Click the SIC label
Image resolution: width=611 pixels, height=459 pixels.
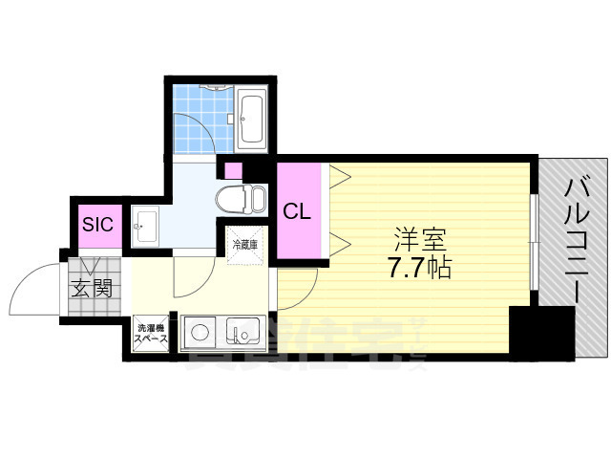pos(97,225)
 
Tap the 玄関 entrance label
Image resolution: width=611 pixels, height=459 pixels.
pos(93,285)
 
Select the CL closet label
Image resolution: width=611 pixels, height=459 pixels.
pos(297,211)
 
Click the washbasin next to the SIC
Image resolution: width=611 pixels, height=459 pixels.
pos(146,227)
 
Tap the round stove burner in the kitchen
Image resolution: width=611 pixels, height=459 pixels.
pos(200,334)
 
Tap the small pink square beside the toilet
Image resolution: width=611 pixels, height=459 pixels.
pos(231,171)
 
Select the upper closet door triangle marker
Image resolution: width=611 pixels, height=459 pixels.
pos(340,174)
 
